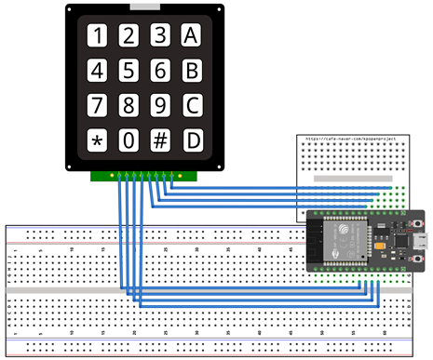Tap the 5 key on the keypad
click(x=129, y=70)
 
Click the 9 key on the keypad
click(x=160, y=104)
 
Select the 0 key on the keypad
click(x=129, y=140)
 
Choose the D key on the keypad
click(x=192, y=140)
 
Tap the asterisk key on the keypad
click(x=97, y=140)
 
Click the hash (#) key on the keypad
click(x=160, y=140)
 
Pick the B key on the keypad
click(x=192, y=70)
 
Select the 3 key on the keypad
click(x=160, y=35)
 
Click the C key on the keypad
click(x=192, y=104)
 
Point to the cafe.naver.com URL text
click(x=344, y=139)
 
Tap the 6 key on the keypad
click(x=160, y=70)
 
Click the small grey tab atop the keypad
click(x=145, y=7)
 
